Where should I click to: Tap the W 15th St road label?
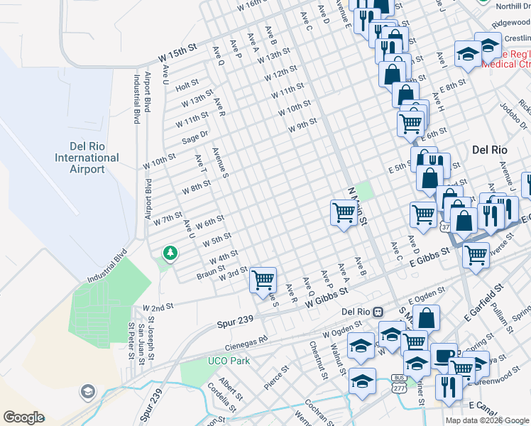click(176, 53)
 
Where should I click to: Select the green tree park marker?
click(169, 253)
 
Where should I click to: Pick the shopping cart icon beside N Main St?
click(344, 212)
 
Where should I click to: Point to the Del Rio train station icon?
click(378, 311)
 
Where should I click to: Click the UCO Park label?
click(229, 361)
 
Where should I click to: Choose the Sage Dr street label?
click(195, 135)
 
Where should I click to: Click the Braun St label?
click(211, 273)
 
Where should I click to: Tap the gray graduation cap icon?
click(87, 391)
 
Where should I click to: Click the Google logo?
click(23, 417)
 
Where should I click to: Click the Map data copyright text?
click(486, 420)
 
